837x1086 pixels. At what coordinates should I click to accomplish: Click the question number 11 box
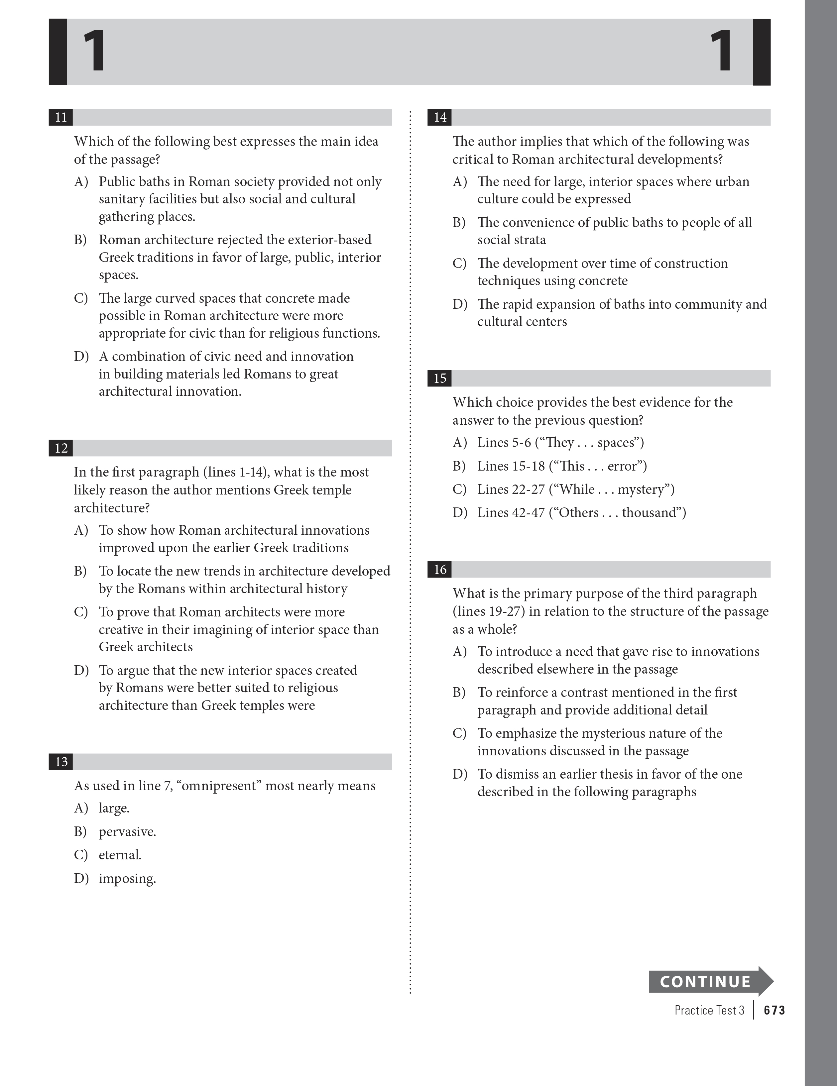click(61, 117)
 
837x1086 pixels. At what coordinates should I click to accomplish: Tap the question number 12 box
click(61, 448)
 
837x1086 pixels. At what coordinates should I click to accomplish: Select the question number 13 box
click(61, 762)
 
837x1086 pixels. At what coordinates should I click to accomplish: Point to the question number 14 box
click(440, 117)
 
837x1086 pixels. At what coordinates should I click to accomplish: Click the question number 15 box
click(440, 379)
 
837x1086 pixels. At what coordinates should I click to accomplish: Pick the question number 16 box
click(440, 569)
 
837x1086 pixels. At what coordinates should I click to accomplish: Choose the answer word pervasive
click(127, 832)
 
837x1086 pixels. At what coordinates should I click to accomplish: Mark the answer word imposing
click(127, 879)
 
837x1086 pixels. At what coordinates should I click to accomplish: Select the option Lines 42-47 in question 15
click(511, 513)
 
